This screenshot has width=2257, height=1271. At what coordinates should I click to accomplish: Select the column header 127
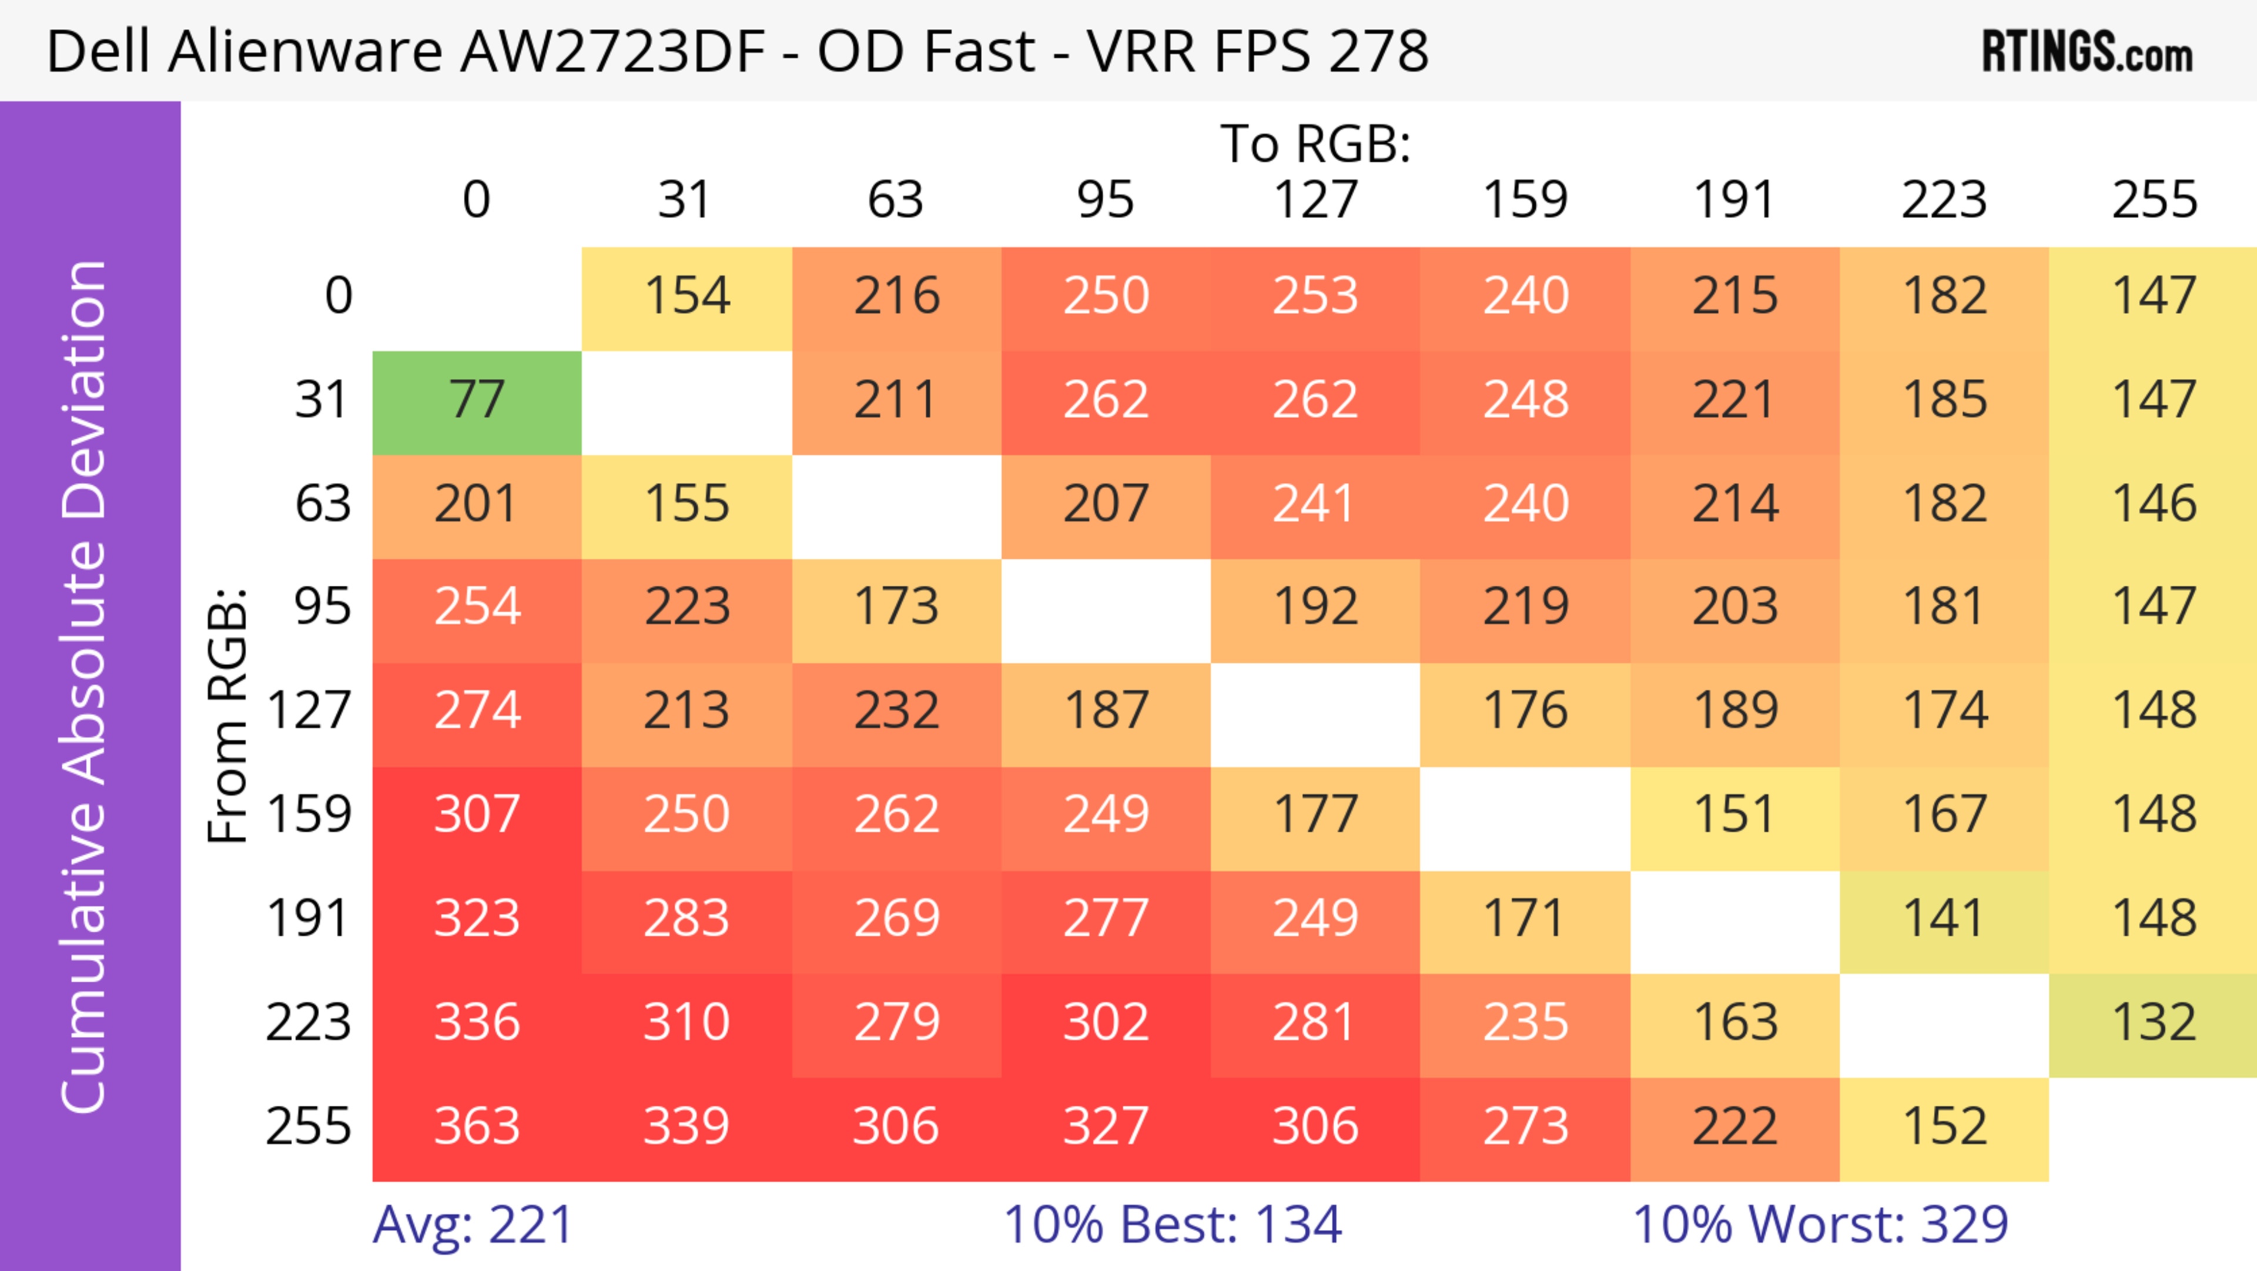[x=1315, y=201]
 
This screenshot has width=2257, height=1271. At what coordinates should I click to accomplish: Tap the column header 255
[x=2154, y=201]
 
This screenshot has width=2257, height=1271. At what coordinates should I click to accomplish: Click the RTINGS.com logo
[x=2087, y=52]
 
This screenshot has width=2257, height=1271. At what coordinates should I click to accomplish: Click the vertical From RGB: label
[x=228, y=715]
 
